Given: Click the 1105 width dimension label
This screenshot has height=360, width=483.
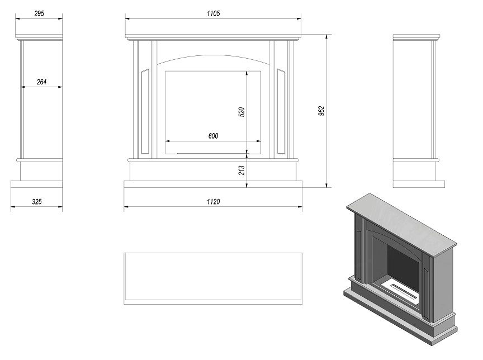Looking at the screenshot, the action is pos(213,13).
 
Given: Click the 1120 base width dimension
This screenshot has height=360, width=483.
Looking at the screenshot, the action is pos(213,202).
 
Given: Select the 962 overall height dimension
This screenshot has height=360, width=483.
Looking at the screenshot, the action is pos(321,111).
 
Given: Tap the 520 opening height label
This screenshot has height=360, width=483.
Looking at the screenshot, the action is pos(242,112).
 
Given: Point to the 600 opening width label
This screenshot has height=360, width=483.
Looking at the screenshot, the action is pos(213,136).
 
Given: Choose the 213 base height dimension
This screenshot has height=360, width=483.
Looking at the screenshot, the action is pos(242,170).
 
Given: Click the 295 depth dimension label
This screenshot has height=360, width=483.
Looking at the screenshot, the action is pos(39,13).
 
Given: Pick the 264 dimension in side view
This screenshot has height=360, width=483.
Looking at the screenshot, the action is pos(41,82).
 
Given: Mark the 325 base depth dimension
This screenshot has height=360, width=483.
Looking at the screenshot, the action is pos(37,202).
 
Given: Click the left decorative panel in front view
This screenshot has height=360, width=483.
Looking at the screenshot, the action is pos(145,111).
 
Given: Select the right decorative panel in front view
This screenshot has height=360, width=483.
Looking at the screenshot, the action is pos(281,111).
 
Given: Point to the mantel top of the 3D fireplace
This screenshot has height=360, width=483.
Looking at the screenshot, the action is pos(401,225).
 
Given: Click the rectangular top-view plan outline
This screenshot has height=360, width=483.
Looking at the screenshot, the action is pos(213,279).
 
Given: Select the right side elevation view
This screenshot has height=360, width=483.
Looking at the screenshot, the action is pos(419,111).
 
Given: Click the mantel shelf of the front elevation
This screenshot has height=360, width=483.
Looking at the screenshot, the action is pos(213,36).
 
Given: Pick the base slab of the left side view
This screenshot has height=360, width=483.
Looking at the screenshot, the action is pos(37,184).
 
